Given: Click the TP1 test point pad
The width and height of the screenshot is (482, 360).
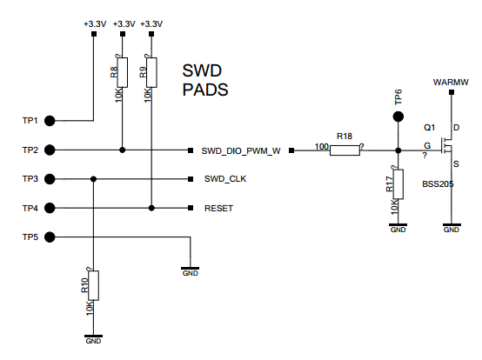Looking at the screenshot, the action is tap(50, 121).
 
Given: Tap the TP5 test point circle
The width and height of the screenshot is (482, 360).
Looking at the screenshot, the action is tap(50, 237).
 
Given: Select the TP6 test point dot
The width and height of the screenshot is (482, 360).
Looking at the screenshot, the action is tap(398, 117).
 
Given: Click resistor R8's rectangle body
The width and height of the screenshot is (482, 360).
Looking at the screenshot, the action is tap(123, 72).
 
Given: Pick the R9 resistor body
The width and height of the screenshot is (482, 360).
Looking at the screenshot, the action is tap(151, 72).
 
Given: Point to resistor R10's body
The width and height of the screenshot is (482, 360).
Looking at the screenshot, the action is tap(93, 285).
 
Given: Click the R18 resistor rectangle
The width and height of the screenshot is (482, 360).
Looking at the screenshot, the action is tap(345, 150).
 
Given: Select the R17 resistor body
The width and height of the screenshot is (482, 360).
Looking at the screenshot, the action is tap(398, 184).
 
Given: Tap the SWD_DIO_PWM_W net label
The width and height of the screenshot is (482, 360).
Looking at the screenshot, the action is tap(241, 151).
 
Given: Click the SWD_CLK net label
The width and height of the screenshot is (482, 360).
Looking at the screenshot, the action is tap(225, 179).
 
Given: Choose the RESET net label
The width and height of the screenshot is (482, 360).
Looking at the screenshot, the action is tap(218, 209).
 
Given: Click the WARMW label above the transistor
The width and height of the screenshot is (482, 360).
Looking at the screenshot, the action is tap(451, 83).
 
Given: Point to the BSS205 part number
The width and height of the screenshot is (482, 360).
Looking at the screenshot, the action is tap(438, 184).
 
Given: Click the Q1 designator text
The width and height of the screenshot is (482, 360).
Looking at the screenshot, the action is tap(430, 128).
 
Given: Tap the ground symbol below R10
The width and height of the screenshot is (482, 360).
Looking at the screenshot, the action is tap(93, 339).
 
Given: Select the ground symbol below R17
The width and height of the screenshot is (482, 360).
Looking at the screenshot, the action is tap(398, 228).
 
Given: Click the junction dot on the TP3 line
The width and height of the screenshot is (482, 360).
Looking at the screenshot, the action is tap(93, 179).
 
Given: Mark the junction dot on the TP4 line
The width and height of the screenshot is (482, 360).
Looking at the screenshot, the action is tap(151, 208).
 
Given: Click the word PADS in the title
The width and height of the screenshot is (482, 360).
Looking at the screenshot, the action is tap(205, 90).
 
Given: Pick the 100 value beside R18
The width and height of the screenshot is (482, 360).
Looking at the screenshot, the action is tap(322, 147).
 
